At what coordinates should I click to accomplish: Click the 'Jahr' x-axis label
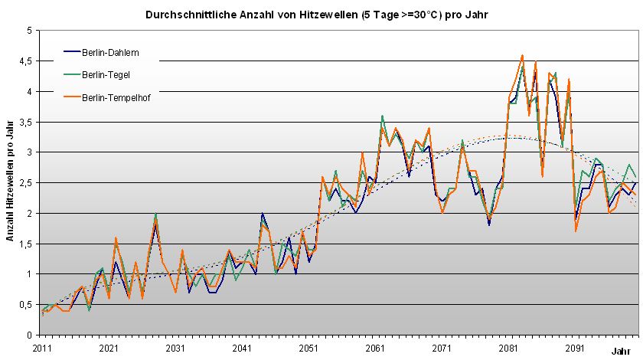tap(621, 351)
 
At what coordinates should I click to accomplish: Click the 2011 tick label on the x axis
tap(43, 347)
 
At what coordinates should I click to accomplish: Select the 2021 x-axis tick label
tap(109, 347)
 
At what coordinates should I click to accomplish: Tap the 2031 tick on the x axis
tap(175, 347)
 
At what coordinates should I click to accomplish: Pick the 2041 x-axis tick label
tap(242, 347)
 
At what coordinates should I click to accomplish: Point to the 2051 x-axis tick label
tap(308, 347)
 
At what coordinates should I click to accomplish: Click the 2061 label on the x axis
tap(374, 347)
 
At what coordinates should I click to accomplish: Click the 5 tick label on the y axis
tap(28, 31)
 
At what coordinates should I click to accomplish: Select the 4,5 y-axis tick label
tap(25, 61)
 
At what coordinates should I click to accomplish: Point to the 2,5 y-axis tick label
tap(25, 182)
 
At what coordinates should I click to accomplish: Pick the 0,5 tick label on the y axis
tap(25, 304)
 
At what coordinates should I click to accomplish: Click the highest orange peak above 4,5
tap(522, 55)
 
